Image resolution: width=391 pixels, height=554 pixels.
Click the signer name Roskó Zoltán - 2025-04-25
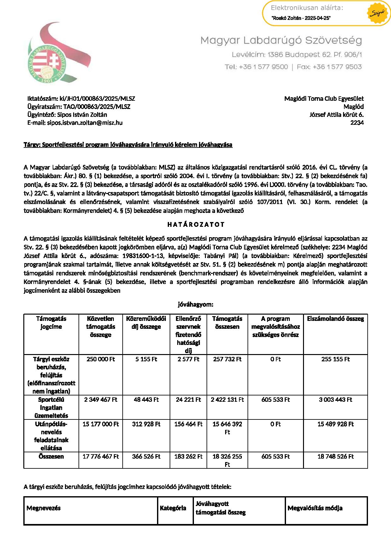point(301,18)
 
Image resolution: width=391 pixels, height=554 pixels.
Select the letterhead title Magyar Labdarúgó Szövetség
point(281,40)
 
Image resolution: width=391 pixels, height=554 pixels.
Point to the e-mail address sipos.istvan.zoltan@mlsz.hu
point(75,123)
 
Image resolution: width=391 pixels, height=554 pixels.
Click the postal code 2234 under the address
point(357,123)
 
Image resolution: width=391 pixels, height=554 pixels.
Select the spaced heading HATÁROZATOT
point(195,225)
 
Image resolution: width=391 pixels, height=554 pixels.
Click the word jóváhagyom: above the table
point(195,304)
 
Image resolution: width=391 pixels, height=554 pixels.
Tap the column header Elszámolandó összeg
point(335,319)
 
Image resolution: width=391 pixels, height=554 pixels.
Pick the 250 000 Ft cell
point(101,359)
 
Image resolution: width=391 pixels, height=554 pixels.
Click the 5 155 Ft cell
point(146,359)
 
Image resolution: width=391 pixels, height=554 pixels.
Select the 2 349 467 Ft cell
point(101,400)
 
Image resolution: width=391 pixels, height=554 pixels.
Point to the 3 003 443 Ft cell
point(335,400)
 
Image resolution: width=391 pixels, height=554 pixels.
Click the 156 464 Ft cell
point(188,424)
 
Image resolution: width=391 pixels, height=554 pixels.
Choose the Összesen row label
point(51,456)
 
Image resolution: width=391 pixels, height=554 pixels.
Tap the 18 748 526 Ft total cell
point(335,456)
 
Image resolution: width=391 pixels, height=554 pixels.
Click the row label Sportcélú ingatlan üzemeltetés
point(51,407)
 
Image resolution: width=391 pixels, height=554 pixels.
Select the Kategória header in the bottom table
point(173,508)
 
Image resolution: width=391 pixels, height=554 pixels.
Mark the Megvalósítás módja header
point(315,508)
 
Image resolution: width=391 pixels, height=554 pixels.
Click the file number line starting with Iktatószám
point(81,99)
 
